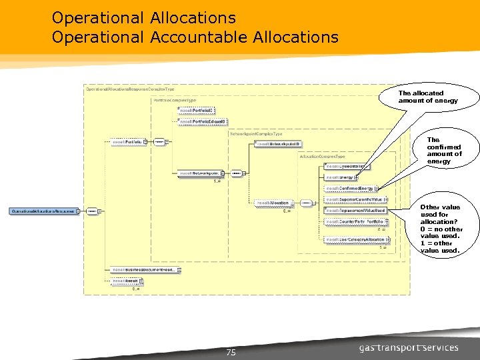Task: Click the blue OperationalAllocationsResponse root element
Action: click(43, 211)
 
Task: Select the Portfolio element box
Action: click(127, 141)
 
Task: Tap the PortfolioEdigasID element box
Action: click(203, 121)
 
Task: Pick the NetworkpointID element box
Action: click(279, 143)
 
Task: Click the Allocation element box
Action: click(273, 203)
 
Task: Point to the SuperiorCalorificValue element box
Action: click(355, 199)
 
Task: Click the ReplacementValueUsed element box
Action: click(355, 210)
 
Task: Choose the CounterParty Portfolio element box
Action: click(354, 221)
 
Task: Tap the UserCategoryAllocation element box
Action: click(355, 239)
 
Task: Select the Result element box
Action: click(129, 281)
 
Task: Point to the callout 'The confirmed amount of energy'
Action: click(444, 151)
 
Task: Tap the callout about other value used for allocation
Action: click(440, 229)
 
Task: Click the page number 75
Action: click(231, 353)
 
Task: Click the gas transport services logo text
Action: click(409, 347)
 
